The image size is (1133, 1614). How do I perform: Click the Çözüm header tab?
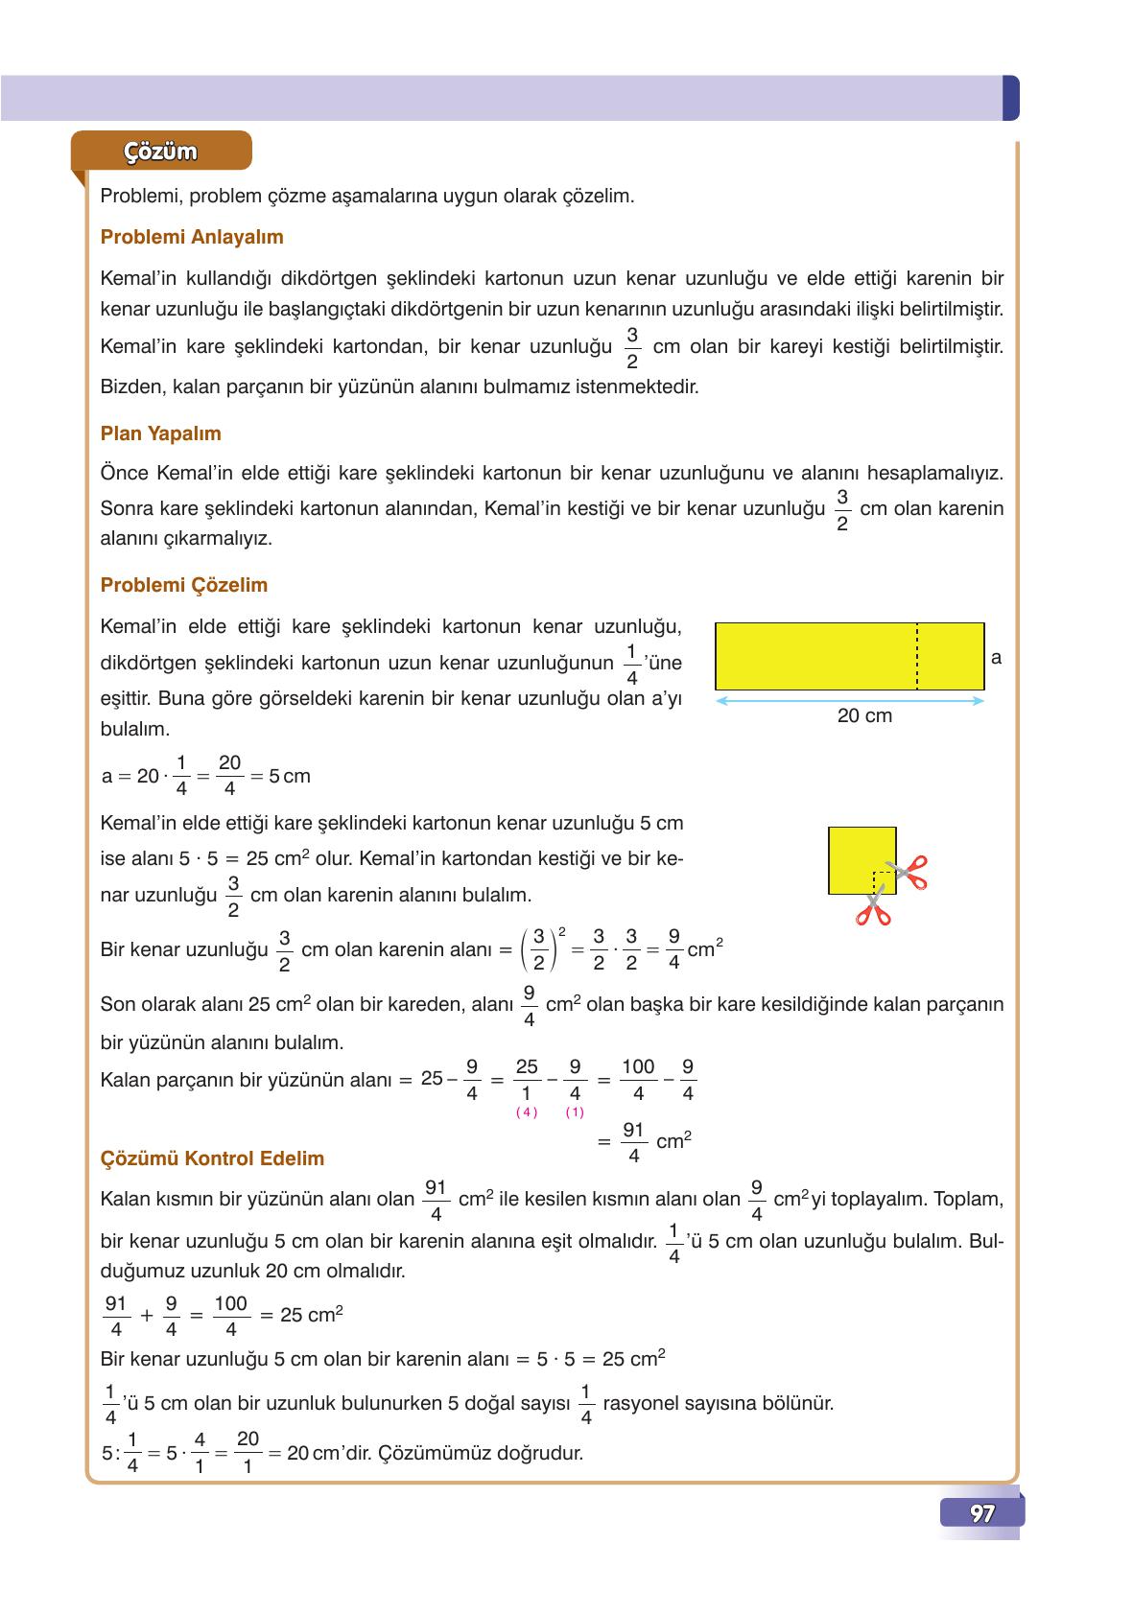pos(160,152)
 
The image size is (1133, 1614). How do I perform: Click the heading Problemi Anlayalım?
pos(192,237)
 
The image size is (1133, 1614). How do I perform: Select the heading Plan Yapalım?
pos(160,433)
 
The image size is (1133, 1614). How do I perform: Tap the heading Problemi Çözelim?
pos(183,585)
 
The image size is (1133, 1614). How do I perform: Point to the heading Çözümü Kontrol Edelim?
pos(212,1158)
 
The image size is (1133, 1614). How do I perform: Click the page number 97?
pos(981,1513)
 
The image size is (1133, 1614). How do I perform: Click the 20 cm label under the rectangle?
pos(864,716)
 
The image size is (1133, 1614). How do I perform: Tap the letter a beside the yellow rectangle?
pos(997,658)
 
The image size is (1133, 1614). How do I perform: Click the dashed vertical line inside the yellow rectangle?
pos(917,656)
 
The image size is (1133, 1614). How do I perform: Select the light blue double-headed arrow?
pos(850,701)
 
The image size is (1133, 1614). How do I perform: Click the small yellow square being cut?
pos(862,860)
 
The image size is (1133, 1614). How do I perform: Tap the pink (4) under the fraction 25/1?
pos(527,1112)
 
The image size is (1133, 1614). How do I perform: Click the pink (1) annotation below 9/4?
pos(575,1112)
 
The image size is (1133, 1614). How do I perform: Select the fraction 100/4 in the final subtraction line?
pos(638,1080)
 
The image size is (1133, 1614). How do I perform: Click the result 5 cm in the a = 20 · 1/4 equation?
pos(290,776)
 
